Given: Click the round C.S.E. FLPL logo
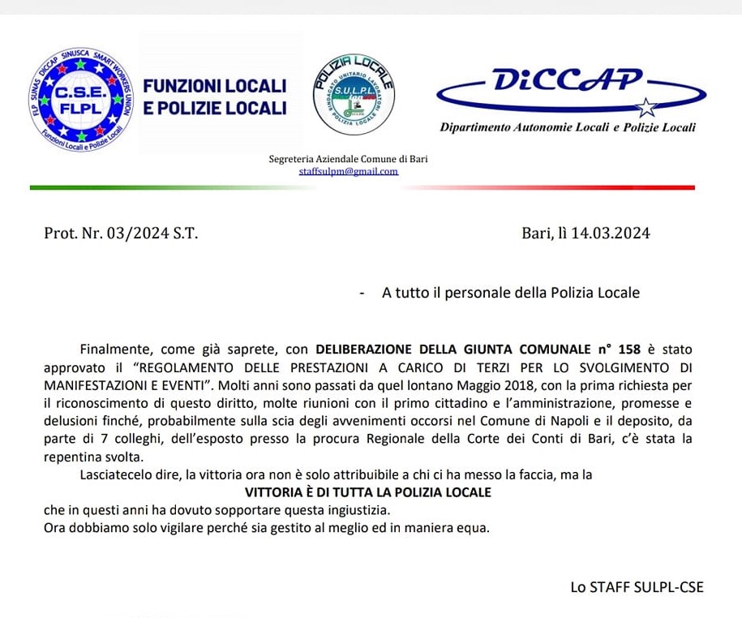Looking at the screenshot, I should click(79, 97).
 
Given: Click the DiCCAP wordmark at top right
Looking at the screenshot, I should click(567, 81).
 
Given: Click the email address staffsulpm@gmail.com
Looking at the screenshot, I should click(348, 171).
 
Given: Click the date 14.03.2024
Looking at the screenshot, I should click(610, 234).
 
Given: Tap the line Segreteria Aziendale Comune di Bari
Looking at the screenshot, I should click(348, 159).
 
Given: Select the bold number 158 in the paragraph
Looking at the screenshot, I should click(628, 350).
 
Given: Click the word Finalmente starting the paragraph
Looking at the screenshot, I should click(116, 350).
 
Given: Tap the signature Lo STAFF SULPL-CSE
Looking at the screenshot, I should click(637, 586).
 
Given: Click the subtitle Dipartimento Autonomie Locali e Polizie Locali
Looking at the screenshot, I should click(567, 127).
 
